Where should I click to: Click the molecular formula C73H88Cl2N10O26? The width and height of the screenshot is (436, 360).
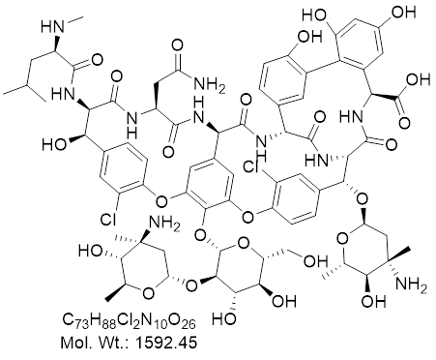[x=129, y=321]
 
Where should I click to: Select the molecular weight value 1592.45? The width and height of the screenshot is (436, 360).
[x=165, y=343]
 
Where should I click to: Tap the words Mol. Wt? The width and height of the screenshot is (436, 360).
[x=95, y=343]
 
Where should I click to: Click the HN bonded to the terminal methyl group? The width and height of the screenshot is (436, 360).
[x=51, y=27]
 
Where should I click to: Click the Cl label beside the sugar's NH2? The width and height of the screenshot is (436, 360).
[x=108, y=220]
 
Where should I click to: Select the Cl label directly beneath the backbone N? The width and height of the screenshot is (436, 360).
[x=252, y=166]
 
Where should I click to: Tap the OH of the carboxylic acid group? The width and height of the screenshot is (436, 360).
[x=419, y=79]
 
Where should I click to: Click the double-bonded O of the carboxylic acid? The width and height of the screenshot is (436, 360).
[x=404, y=123]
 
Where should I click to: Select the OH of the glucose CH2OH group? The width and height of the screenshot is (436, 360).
[x=316, y=261]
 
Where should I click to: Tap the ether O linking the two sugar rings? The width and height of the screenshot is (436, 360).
[x=192, y=285]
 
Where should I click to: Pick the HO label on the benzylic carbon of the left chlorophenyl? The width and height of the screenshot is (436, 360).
[x=53, y=145]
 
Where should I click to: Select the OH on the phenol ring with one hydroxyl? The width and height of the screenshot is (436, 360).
[x=309, y=36]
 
